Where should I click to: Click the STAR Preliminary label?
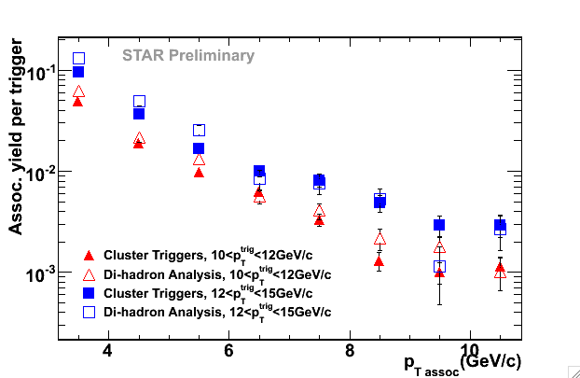coord(188,55)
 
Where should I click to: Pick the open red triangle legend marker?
coord(90,274)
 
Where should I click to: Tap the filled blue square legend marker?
coord(90,292)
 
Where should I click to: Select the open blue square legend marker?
coord(90,311)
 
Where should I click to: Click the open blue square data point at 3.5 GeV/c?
coord(79,59)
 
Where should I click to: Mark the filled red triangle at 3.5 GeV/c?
coord(78,101)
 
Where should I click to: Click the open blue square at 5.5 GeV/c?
coord(199,130)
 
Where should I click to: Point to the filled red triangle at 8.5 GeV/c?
coord(379,261)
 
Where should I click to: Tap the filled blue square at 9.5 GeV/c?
coord(439,225)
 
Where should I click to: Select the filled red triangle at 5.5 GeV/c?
coord(199,172)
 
